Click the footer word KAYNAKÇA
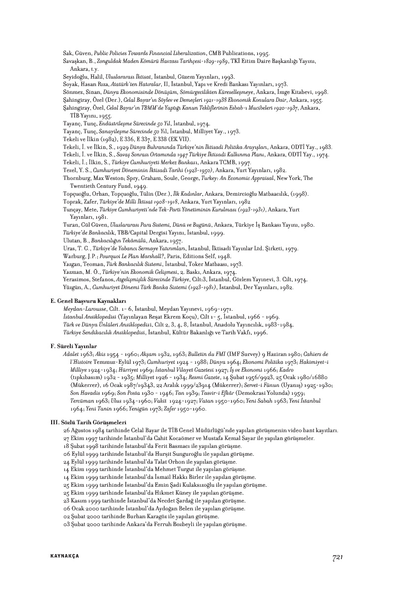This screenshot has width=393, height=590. click(x=64, y=556)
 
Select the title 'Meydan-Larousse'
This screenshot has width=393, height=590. click(x=81, y=309)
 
